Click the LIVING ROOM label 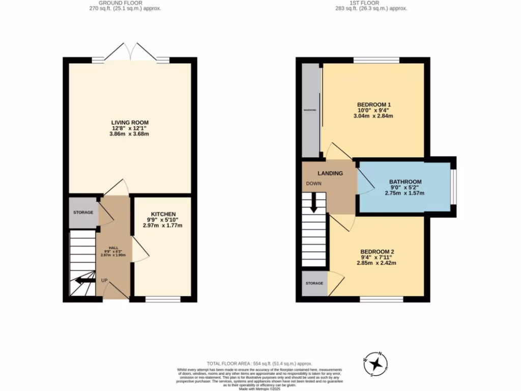tap(130, 122)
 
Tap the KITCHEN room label tap(163, 214)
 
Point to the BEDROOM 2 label tap(378, 252)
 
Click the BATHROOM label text tap(405, 181)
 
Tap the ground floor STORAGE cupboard tap(83, 212)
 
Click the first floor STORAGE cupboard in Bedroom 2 tap(314, 283)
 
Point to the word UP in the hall tap(104, 281)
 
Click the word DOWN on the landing tap(313, 183)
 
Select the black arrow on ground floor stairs tap(83, 280)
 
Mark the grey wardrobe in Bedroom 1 tap(309, 110)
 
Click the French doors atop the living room tap(131, 52)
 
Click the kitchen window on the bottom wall tap(163, 299)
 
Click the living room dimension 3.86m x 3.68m tap(130, 134)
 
